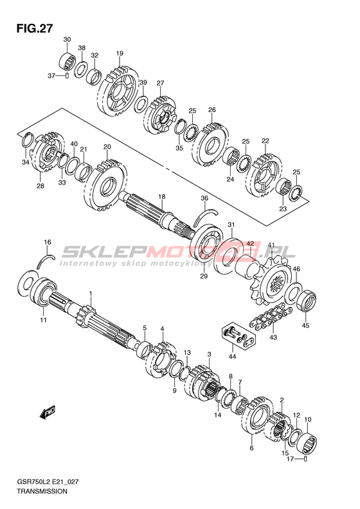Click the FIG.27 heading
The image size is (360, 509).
34,28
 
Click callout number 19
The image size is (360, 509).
120,53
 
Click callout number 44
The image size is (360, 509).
232,356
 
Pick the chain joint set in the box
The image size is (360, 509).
239,337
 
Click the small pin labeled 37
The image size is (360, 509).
67,76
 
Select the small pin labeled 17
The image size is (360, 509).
305,459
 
